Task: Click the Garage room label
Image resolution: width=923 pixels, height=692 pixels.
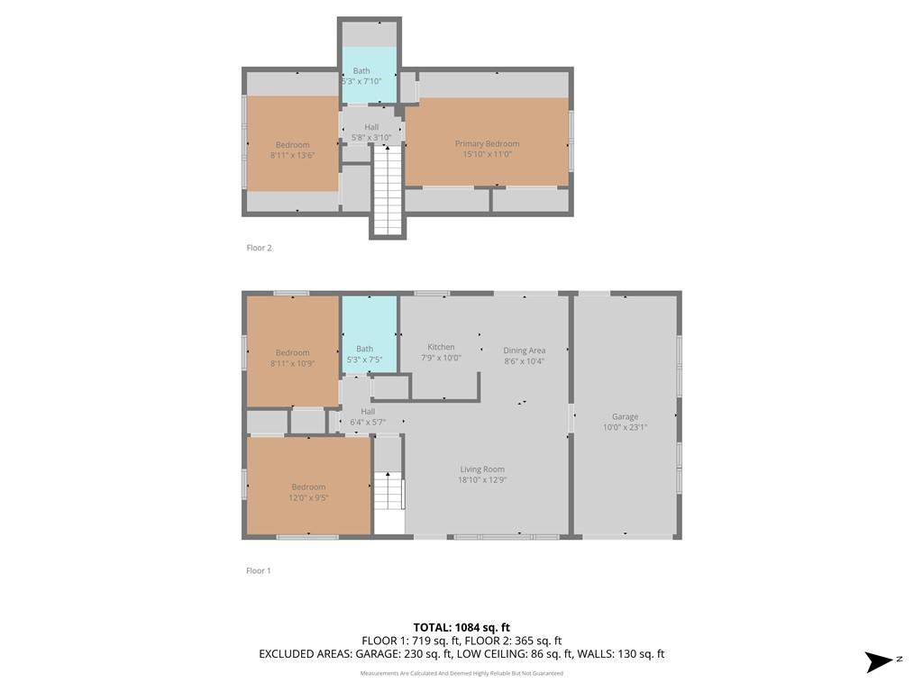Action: (625, 416)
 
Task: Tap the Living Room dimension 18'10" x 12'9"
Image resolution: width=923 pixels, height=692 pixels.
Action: (482, 480)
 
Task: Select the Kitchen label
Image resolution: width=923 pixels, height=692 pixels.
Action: (441, 347)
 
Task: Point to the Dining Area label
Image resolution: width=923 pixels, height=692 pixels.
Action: (524, 351)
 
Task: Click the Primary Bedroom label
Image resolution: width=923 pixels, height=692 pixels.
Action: (487, 143)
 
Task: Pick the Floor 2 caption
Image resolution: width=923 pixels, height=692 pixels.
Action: (259, 248)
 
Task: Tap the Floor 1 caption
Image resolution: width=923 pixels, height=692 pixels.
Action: (259, 570)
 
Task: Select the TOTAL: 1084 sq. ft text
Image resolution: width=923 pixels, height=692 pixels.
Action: (461, 627)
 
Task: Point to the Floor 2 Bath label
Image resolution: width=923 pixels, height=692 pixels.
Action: (361, 70)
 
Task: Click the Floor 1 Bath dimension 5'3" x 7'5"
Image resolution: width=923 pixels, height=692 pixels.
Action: (364, 360)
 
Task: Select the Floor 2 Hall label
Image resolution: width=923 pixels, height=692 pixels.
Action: (371, 127)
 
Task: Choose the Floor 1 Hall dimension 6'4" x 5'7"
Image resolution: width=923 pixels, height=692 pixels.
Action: (368, 423)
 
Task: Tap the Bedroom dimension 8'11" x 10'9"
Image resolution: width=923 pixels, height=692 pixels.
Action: (293, 364)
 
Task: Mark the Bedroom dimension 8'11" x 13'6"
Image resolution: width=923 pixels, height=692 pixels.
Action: (293, 155)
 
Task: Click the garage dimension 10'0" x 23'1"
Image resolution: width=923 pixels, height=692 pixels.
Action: (625, 428)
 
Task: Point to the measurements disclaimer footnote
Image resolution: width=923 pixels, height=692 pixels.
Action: (461, 673)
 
